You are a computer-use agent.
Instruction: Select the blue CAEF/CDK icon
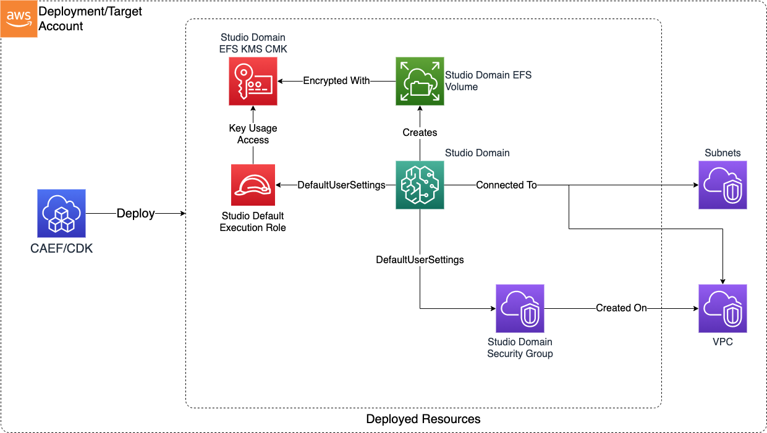click(x=61, y=213)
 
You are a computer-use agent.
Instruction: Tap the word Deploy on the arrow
click(x=135, y=213)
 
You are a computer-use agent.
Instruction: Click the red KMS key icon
click(x=253, y=81)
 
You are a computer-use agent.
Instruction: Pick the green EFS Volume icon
click(x=420, y=81)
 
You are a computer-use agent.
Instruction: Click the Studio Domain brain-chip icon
click(x=420, y=185)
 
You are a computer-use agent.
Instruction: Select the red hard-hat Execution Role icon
click(x=253, y=185)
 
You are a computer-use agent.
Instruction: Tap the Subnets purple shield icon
click(x=723, y=185)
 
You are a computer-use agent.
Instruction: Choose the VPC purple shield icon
click(x=723, y=308)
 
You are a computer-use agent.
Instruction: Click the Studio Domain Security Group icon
click(x=520, y=308)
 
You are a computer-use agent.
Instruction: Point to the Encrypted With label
click(x=336, y=81)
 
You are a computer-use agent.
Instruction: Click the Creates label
click(x=420, y=132)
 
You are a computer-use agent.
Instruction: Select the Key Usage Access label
click(x=253, y=134)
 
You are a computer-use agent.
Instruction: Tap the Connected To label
click(x=506, y=185)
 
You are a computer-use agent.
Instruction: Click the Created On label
click(x=621, y=308)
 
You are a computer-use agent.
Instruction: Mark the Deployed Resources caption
click(x=423, y=419)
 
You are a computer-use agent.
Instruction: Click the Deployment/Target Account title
click(x=90, y=19)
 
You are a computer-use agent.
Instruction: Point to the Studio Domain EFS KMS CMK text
click(x=253, y=43)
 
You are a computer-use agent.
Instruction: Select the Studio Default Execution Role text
click(x=253, y=222)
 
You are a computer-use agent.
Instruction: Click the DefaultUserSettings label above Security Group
click(x=420, y=260)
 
